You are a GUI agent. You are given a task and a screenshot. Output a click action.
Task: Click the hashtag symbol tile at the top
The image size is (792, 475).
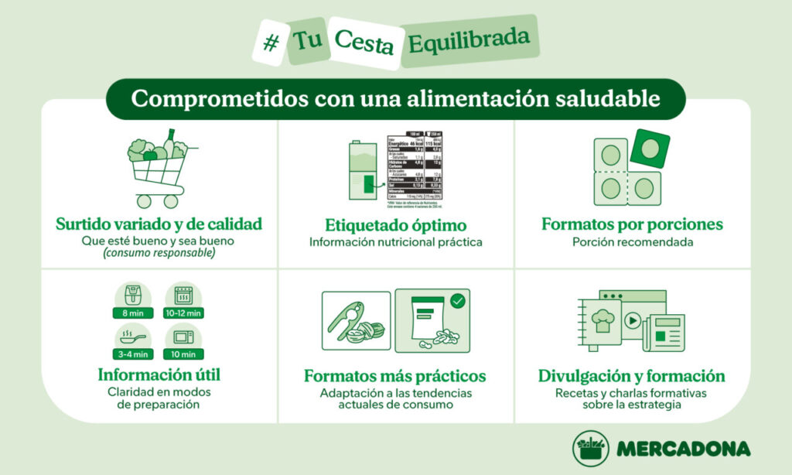click(271, 42)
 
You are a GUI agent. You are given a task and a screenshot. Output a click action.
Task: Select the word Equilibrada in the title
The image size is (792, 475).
click(469, 39)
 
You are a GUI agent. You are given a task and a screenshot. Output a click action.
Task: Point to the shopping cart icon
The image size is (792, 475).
click(159, 172)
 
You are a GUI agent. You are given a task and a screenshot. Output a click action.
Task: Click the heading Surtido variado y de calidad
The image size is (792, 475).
click(159, 224)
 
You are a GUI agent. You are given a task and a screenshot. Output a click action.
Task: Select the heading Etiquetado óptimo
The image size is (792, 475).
click(395, 225)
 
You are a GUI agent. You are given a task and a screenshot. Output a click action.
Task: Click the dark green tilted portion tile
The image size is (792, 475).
click(650, 148)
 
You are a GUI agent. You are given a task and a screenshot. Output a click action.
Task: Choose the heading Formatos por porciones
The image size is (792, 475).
click(632, 224)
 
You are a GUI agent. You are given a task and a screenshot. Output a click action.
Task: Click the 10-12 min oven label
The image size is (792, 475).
click(184, 313)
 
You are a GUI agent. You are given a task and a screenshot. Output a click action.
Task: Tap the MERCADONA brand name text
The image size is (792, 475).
click(684, 449)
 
